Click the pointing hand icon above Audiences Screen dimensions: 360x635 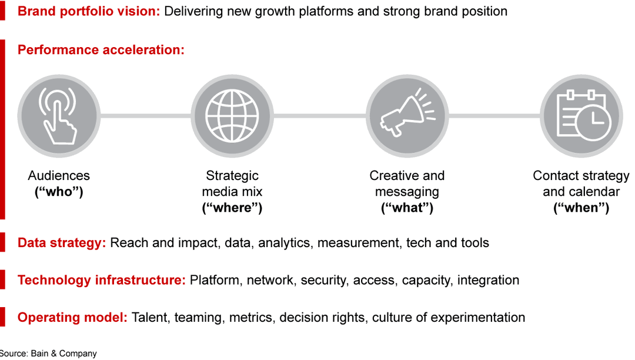[57, 115]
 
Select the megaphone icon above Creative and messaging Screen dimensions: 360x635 [406, 115]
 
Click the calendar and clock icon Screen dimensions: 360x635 [580, 115]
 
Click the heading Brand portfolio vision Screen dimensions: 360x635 [89, 11]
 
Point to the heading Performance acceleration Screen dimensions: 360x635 [101, 50]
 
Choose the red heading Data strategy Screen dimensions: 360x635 [62, 243]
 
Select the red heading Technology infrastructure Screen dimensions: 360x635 [102, 280]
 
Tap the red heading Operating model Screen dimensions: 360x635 [72, 318]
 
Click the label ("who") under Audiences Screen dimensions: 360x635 [59, 192]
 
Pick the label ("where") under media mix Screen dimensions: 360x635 [232, 208]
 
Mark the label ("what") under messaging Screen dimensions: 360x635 [407, 208]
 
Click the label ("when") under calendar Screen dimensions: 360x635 [581, 208]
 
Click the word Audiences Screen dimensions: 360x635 [59, 176]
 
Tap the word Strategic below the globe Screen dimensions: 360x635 [232, 176]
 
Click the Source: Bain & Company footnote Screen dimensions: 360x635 [48, 354]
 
